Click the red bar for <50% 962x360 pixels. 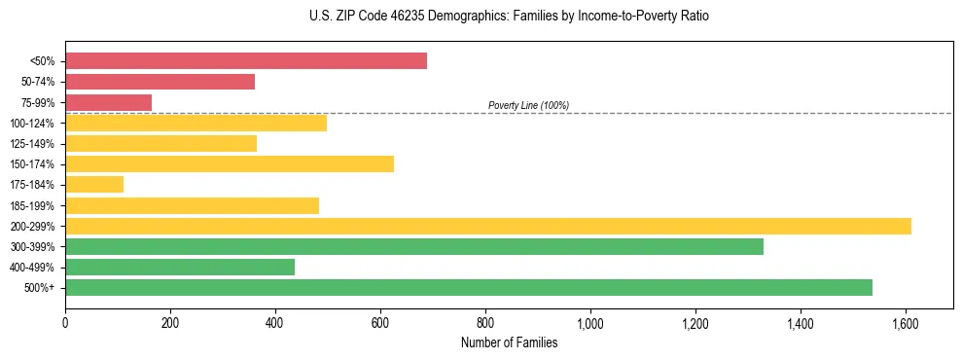246,61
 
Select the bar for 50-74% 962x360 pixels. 160,82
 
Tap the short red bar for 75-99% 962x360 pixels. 108,102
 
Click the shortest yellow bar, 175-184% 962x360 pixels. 94,184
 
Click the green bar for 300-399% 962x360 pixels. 414,246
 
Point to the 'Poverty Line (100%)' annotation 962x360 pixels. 528,105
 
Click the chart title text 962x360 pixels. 481,17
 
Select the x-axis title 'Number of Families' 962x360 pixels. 509,342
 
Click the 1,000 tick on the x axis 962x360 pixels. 590,320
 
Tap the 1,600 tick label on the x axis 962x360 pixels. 906,320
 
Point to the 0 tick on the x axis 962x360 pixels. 65,320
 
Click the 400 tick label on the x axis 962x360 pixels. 275,320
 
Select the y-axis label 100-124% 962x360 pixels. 33,124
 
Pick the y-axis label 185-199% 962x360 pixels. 33,205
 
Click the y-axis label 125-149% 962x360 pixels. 33,144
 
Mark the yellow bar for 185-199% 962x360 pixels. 192,205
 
